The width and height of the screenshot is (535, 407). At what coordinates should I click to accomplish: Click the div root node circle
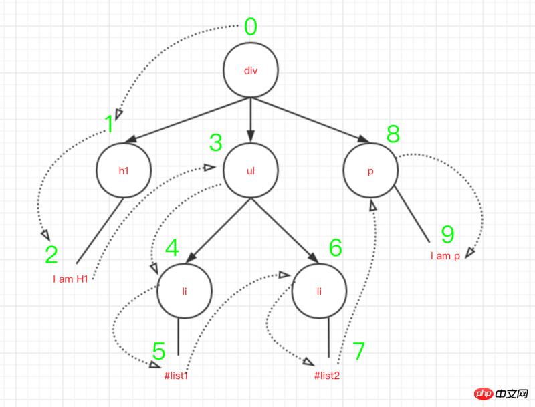[250, 71]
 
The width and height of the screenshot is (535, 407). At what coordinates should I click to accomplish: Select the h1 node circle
[123, 170]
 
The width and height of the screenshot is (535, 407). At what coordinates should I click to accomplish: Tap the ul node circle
[250, 170]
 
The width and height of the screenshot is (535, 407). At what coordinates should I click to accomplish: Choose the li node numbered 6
[320, 292]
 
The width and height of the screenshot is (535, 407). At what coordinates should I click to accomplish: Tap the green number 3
[215, 142]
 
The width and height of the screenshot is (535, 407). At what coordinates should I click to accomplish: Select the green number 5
[158, 350]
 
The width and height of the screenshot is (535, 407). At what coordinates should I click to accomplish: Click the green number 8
[393, 134]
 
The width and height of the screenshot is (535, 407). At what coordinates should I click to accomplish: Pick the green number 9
[447, 234]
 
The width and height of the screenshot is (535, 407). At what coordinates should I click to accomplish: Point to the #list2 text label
[328, 375]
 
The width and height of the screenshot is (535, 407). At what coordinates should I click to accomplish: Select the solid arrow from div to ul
[250, 117]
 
